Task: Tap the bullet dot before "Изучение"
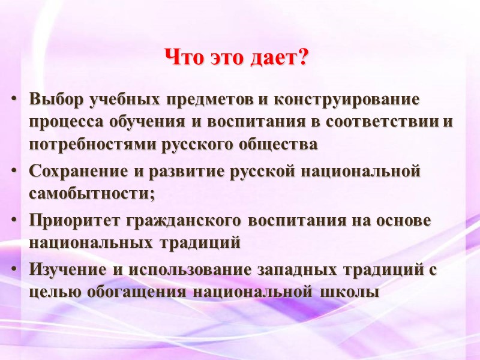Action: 14,270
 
